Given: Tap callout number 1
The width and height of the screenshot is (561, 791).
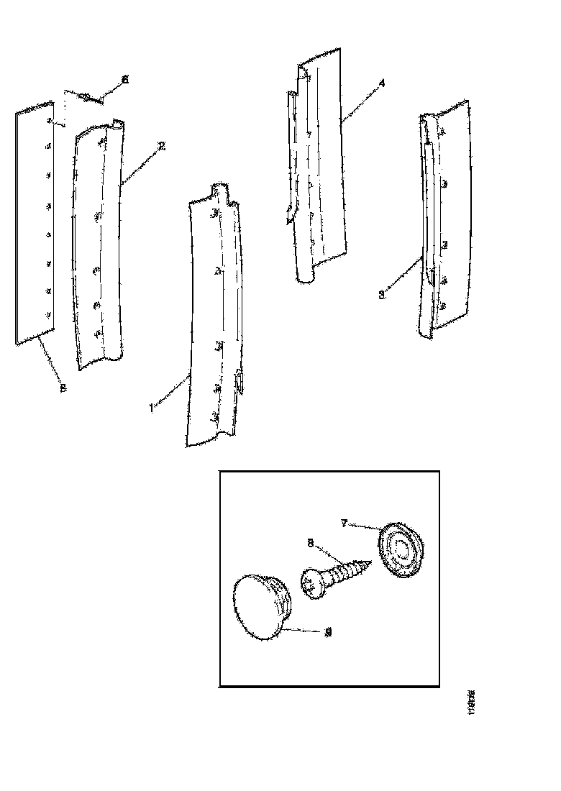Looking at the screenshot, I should tap(151, 408).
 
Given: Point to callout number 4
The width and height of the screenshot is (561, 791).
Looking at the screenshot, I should tap(381, 84).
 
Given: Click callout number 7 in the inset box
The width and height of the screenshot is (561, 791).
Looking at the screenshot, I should tap(345, 524).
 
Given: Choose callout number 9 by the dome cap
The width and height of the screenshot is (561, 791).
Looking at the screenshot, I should tap(329, 632).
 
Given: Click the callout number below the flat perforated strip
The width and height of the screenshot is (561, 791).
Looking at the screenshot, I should tap(63, 388).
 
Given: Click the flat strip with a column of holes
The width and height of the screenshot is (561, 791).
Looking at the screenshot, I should tap(35, 223).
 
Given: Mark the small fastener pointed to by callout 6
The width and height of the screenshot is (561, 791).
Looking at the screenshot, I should tap(84, 96).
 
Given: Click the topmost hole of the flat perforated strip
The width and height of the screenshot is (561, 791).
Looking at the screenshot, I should tap(49, 120).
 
